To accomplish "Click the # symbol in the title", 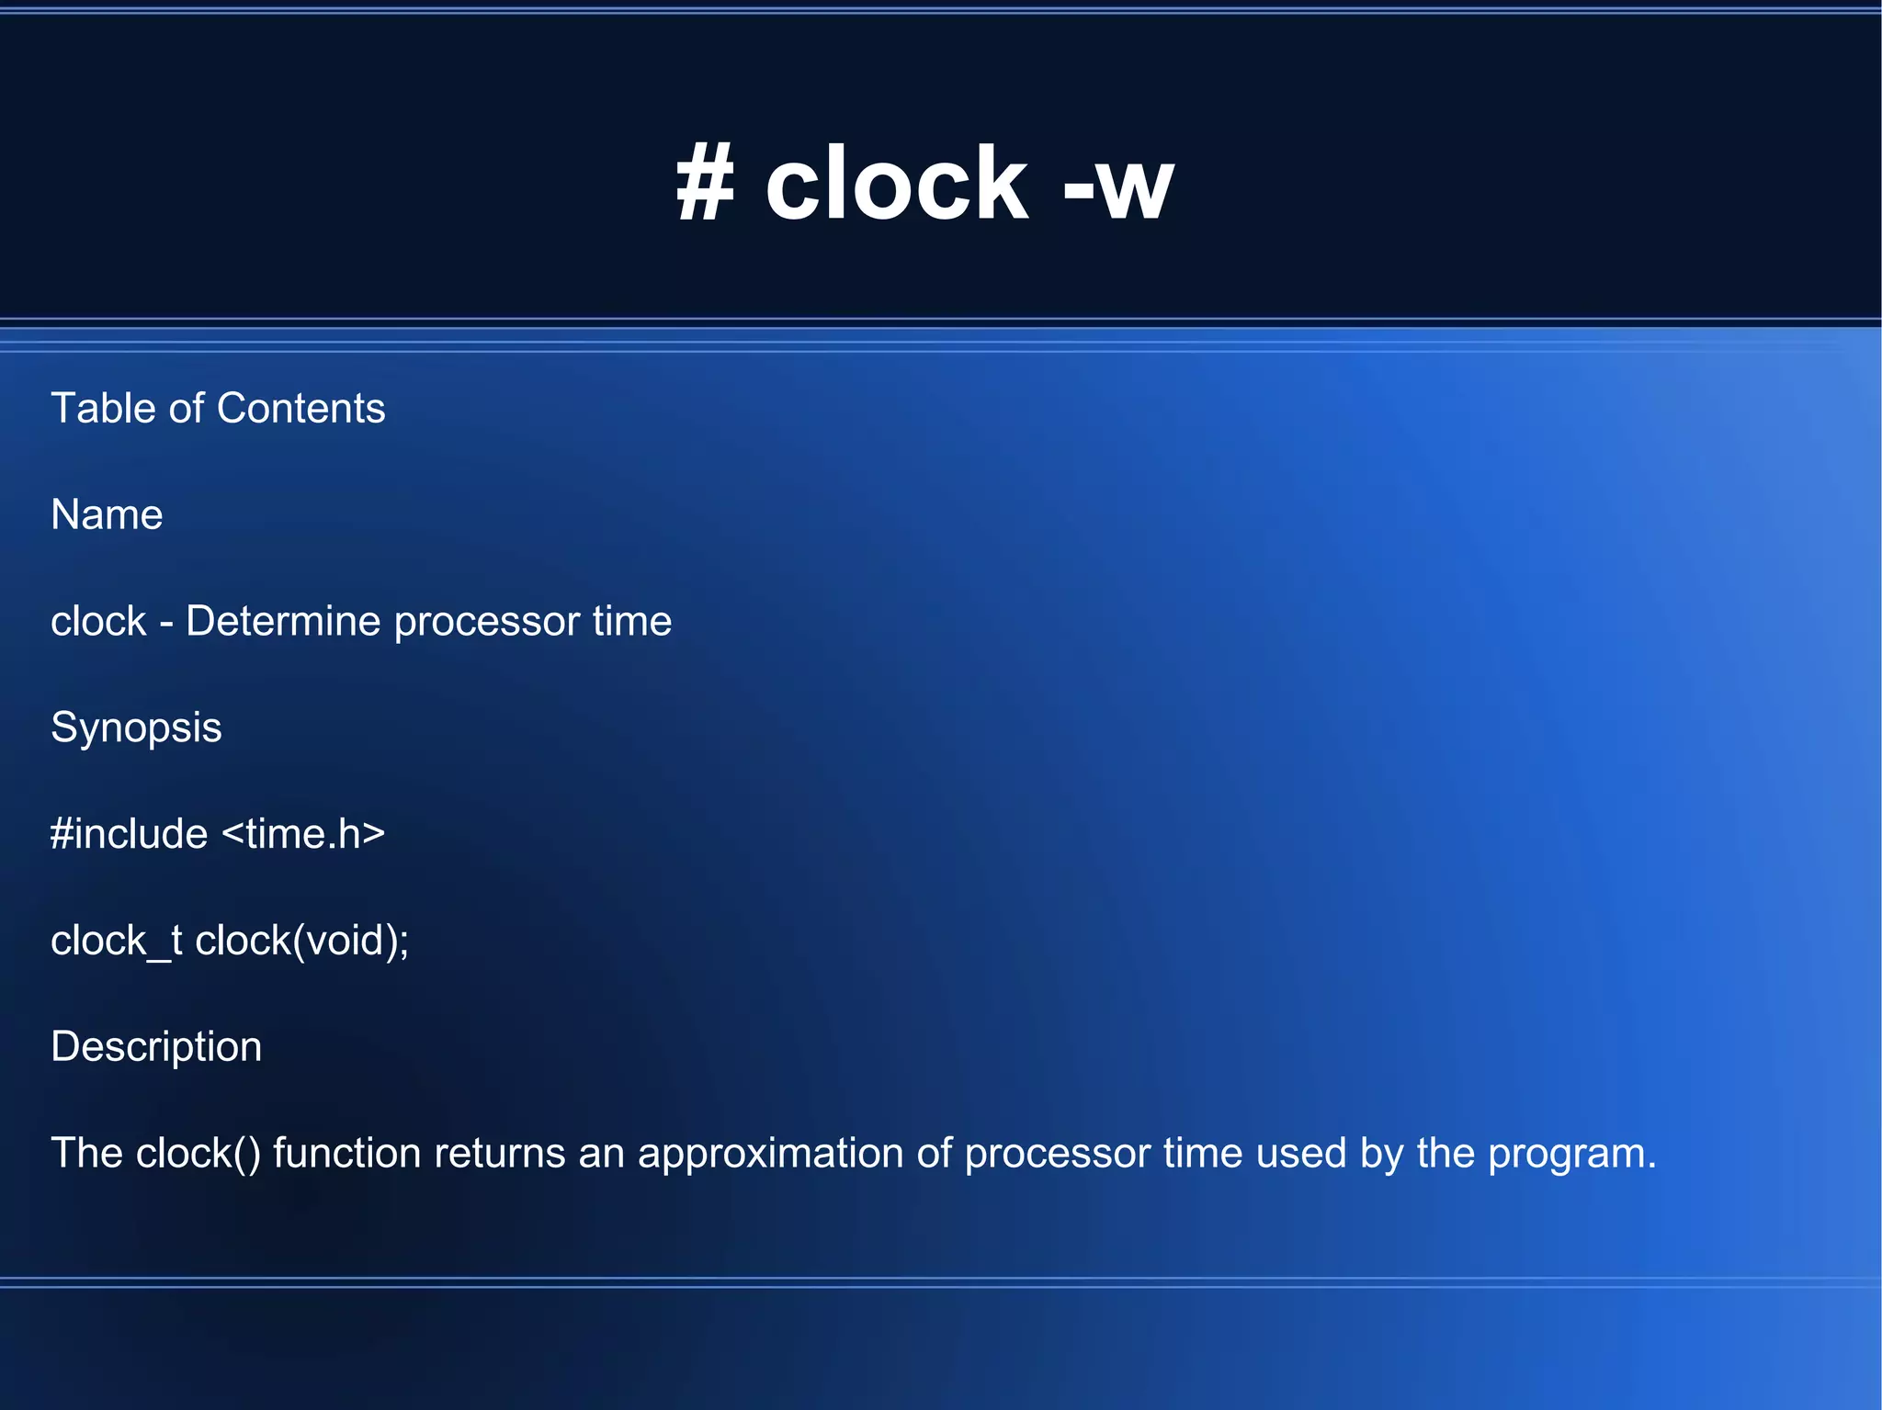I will point(706,186).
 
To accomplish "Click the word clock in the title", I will point(896,186).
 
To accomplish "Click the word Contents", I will point(300,408).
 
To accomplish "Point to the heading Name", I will point(107,514).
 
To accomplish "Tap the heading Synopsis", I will point(136,728).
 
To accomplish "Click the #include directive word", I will point(130,834).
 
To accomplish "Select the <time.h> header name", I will point(303,834).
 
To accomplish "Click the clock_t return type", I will point(116,941).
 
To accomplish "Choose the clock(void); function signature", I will point(301,941).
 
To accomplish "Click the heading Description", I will point(156,1047).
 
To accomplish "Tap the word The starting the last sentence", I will point(86,1153).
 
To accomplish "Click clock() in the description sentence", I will point(198,1154).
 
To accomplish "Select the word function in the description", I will point(347,1153).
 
